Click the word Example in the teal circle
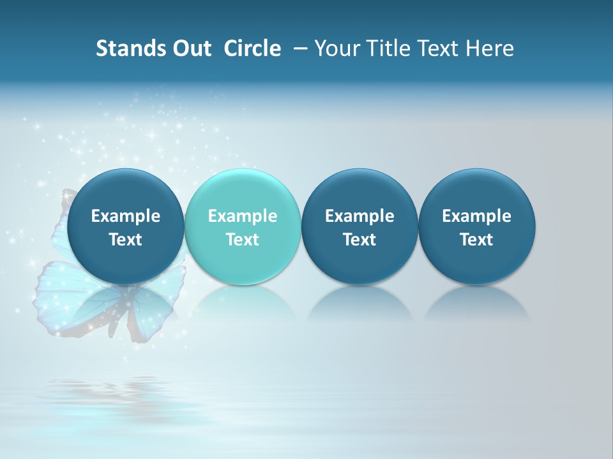pos(243,216)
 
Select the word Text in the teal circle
pos(243,240)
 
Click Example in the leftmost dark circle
pos(125,216)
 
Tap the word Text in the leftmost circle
pos(125,240)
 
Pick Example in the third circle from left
pos(359,216)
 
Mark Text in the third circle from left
pos(359,240)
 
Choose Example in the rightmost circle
pos(476,216)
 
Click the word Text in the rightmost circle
pos(476,240)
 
